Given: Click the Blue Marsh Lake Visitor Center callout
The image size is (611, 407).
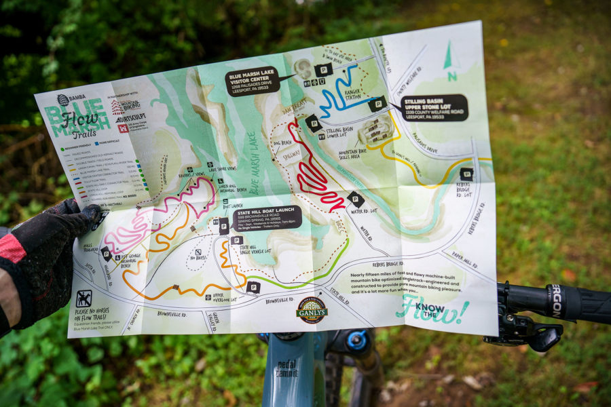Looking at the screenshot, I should tap(253, 81).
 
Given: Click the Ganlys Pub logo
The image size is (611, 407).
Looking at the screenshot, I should tap(312, 309).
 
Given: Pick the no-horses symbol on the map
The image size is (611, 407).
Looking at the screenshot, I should tap(84, 298).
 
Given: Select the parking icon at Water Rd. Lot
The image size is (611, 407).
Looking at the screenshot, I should tap(356, 199).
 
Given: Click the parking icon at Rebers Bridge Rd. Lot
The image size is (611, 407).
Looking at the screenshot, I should tap(466, 174).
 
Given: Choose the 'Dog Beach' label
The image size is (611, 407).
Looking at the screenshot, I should tap(280, 141).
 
